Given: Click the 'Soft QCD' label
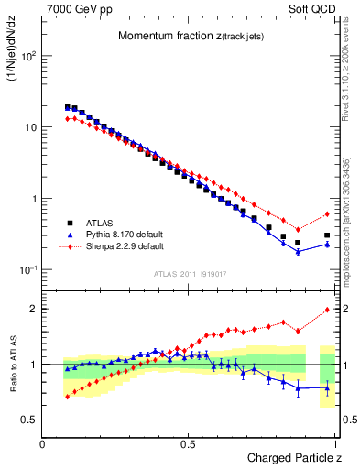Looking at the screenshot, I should [314, 7].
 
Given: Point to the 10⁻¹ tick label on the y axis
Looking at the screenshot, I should [27, 270].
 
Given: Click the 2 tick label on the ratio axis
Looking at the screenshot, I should [31, 309].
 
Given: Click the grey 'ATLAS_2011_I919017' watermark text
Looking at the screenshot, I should [189, 274].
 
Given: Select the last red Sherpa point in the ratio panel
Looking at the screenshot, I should [327, 310].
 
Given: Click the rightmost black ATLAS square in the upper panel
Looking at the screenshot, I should [327, 235].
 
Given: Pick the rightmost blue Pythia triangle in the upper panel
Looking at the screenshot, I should [327, 245].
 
